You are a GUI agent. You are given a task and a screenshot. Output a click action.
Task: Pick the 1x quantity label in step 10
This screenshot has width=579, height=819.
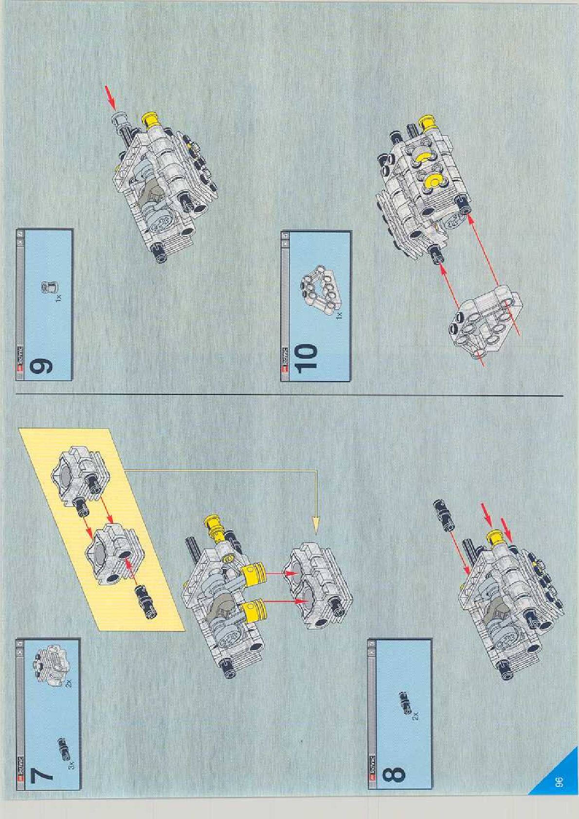(339, 315)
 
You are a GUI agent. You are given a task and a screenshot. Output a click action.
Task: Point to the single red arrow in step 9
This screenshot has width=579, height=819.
(110, 97)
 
